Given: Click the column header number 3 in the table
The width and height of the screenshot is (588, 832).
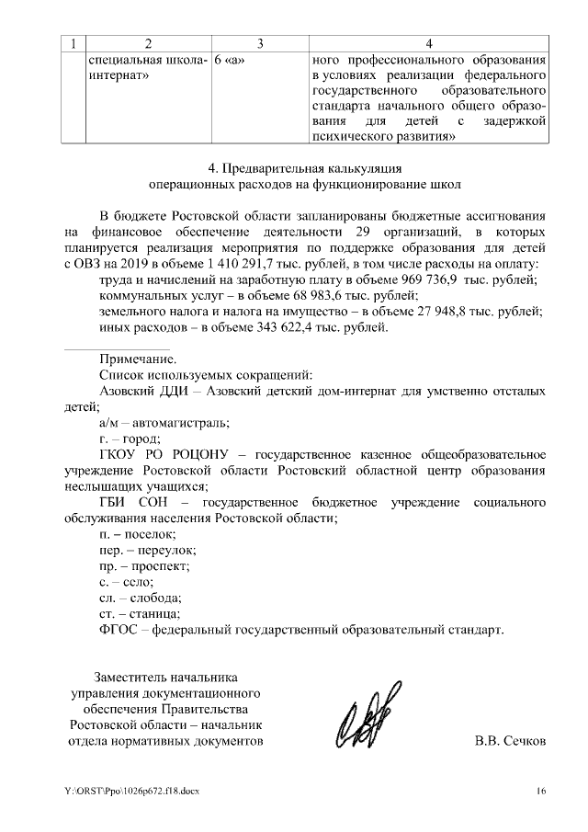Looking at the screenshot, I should pyautogui.click(x=260, y=43).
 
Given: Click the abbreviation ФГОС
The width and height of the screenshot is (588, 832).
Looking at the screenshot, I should pyautogui.click(x=119, y=631).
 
